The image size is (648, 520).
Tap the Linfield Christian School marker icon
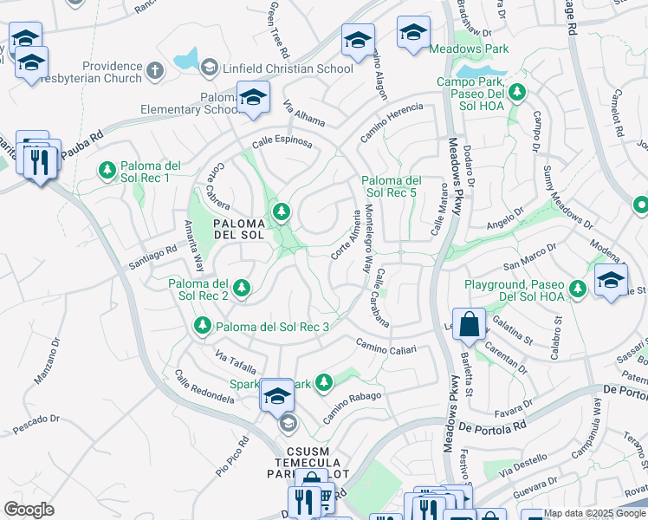click(x=209, y=68)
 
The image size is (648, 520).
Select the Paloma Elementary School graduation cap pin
click(x=253, y=98)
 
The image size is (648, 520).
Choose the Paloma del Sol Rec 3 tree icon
click(x=202, y=326)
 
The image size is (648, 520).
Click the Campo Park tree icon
click(x=517, y=92)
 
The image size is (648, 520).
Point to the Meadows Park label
click(x=470, y=49)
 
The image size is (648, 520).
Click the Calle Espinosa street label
click(x=282, y=143)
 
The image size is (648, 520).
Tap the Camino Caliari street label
click(x=386, y=348)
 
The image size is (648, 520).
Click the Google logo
click(x=29, y=509)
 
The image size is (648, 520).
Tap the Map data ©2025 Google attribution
click(x=593, y=513)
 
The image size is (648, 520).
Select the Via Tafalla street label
click(x=236, y=362)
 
